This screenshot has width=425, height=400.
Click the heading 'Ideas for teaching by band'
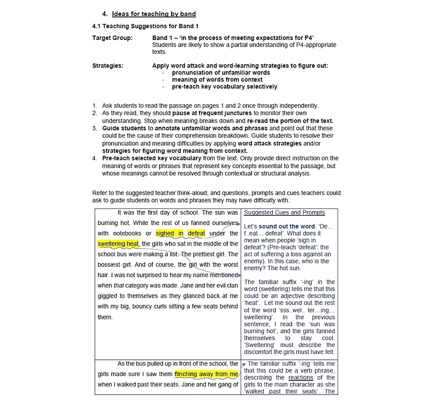(154, 14)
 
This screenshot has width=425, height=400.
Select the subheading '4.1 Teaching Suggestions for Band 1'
(145, 26)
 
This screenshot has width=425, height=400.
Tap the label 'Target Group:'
(112, 38)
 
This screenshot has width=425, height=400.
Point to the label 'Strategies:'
(108, 66)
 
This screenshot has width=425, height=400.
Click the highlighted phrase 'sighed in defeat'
(180, 233)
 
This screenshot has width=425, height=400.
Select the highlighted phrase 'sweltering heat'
(118, 244)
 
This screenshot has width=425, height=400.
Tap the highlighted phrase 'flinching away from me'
(206, 374)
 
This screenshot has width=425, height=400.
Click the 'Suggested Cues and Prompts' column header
(284, 212)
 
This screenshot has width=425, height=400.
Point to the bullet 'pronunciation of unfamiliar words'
(221, 73)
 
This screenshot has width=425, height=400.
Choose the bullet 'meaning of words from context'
(217, 80)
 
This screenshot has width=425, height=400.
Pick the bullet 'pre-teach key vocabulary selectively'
(224, 86)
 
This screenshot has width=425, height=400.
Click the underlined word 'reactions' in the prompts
(301, 378)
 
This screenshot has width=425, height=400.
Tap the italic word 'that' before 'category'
(119, 286)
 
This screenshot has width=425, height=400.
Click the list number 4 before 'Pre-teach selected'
(95, 158)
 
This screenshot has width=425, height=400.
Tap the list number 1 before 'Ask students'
(95, 106)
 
